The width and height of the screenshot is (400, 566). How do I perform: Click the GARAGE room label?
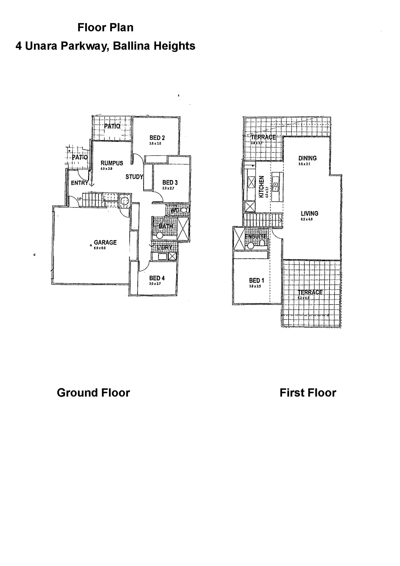click(105, 242)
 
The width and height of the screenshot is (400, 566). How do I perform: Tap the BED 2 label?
click(157, 138)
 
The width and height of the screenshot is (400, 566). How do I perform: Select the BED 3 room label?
click(170, 183)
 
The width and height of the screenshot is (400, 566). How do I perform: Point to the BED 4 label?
click(157, 278)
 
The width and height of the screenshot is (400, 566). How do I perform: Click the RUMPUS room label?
click(112, 163)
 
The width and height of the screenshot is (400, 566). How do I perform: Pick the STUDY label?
click(134, 177)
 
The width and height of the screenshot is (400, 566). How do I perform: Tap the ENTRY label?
click(79, 183)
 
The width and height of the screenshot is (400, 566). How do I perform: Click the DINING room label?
click(307, 158)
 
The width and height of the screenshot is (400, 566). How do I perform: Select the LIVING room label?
click(310, 213)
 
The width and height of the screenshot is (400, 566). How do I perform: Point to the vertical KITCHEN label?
click(261, 187)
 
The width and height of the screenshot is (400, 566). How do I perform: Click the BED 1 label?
click(257, 280)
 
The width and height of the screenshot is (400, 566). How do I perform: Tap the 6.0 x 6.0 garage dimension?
click(100, 248)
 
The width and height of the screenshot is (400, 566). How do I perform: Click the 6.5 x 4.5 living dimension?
click(307, 219)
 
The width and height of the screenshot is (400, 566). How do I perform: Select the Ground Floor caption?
click(93, 393)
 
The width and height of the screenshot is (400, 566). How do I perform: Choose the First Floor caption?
click(308, 393)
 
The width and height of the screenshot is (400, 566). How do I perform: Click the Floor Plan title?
click(105, 27)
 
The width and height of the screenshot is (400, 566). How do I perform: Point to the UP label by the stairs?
click(79, 199)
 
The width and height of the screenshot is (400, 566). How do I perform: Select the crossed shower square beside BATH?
click(183, 228)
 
